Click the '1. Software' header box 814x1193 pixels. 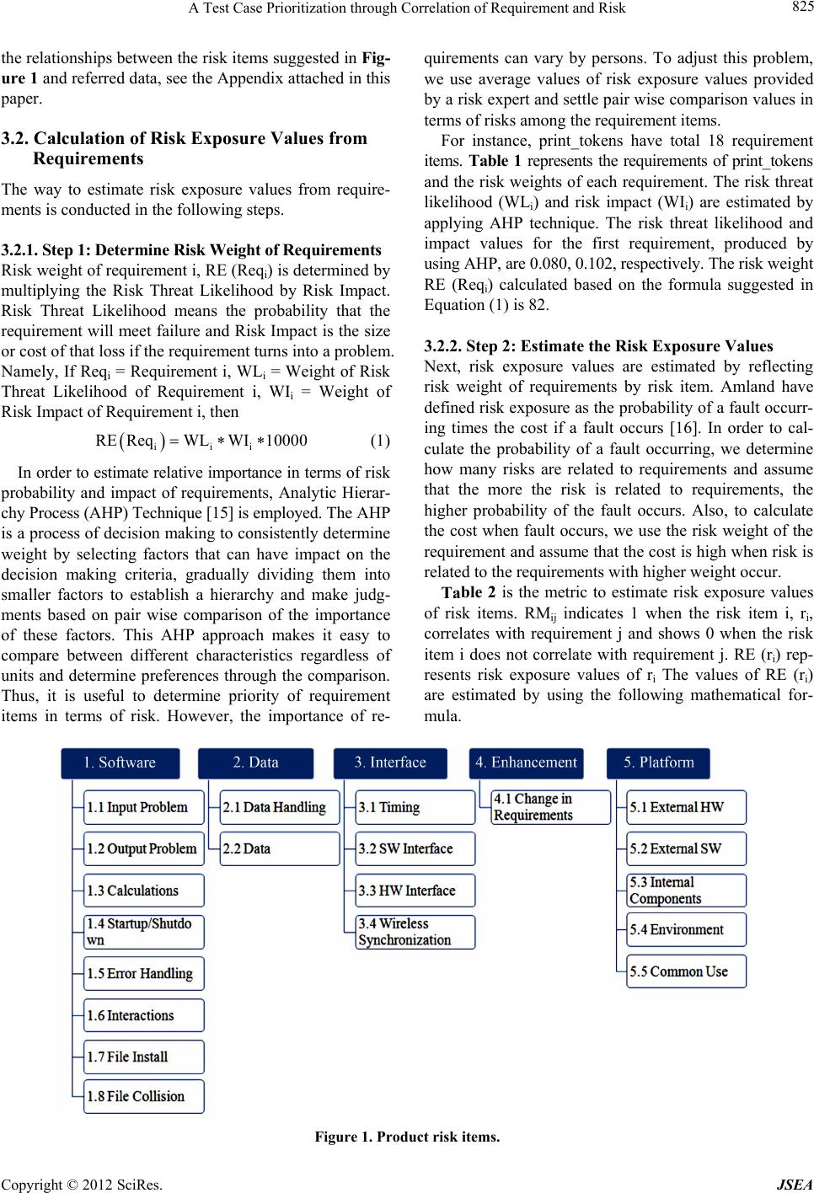point(120,763)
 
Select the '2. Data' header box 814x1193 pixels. point(255,763)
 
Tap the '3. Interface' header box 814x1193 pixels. point(390,763)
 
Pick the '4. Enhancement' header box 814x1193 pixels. point(526,763)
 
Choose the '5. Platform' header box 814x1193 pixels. point(658,763)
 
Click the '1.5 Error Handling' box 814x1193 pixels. point(143,974)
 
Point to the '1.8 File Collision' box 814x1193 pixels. point(143,1097)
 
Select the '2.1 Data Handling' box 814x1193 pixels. point(280,807)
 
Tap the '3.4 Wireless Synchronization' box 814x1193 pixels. point(415,932)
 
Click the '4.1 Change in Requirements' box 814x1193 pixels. point(551,807)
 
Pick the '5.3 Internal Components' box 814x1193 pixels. point(686,891)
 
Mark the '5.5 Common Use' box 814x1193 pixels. point(686,972)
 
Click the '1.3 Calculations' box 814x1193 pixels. point(143,891)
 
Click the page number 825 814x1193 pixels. point(801,8)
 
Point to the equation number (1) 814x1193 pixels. point(380,441)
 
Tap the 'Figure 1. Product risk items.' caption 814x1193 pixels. point(407,1137)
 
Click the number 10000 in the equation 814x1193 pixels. point(287,441)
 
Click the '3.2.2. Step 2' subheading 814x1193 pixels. point(459,346)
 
